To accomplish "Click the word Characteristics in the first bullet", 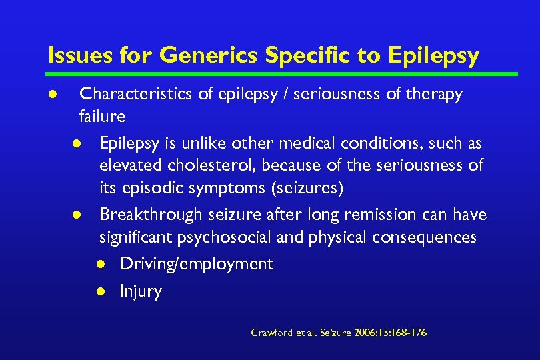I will coord(137,95).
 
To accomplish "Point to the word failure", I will coord(102,117).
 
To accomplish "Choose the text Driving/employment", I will coord(196,264).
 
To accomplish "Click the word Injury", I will coord(140,291).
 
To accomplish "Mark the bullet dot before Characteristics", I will coord(53,95).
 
